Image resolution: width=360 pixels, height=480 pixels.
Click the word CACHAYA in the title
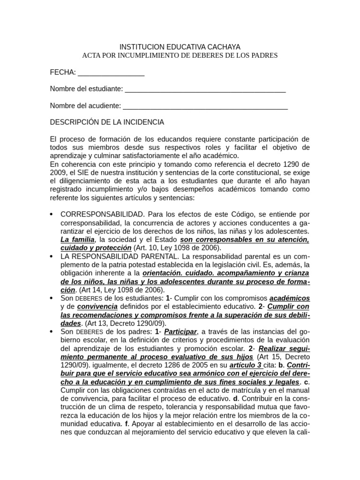click(x=221, y=47)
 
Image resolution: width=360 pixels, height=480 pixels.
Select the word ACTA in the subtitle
click(x=92, y=55)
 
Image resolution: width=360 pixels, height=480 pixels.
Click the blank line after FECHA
click(x=111, y=73)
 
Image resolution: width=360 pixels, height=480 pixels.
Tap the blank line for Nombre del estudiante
click(x=205, y=89)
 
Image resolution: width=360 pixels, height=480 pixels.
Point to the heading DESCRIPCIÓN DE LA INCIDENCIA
click(x=107, y=122)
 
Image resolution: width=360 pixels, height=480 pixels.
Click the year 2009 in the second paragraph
click(x=59, y=172)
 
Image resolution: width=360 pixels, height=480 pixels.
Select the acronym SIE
click(x=90, y=172)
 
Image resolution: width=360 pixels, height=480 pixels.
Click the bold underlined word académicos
click(x=290, y=299)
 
